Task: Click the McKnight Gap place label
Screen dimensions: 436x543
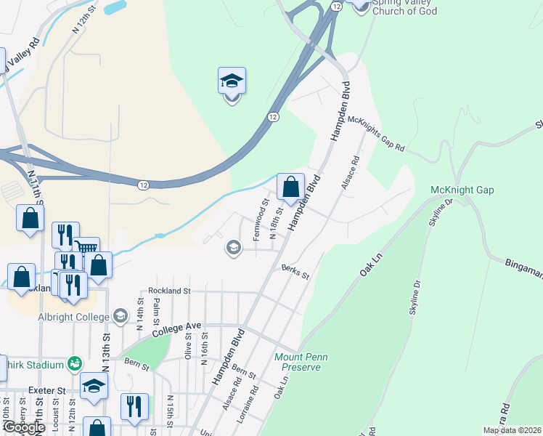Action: click(462, 190)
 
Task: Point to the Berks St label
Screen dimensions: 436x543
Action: click(295, 272)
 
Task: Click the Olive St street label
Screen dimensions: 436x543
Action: click(188, 347)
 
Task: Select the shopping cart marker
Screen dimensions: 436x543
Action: click(86, 249)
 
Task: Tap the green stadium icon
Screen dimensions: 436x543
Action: click(73, 363)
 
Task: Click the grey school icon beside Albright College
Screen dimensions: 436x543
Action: click(120, 316)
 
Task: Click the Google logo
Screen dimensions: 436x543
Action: click(23, 428)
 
